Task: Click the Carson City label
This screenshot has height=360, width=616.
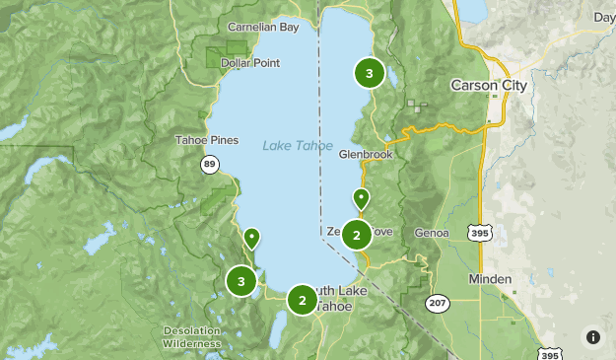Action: click(488, 86)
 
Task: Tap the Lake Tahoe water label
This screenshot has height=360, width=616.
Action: click(297, 145)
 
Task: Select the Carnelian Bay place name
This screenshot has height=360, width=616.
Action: click(262, 28)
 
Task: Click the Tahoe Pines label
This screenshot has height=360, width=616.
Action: click(206, 140)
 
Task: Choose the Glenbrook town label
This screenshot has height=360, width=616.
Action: click(366, 155)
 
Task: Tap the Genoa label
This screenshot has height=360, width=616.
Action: click(433, 233)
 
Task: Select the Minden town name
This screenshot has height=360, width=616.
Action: click(490, 279)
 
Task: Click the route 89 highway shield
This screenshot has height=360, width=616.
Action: click(210, 165)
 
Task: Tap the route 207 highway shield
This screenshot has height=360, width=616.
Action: click(437, 303)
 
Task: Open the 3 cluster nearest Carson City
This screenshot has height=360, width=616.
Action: click(369, 72)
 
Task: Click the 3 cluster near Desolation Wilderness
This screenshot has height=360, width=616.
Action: click(240, 281)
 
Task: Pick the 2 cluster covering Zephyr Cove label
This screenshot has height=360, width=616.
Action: click(356, 235)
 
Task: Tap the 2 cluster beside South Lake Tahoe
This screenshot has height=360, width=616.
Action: click(302, 300)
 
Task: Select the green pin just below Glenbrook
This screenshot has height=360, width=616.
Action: click(361, 198)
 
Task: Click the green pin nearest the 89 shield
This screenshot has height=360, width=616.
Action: click(252, 238)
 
